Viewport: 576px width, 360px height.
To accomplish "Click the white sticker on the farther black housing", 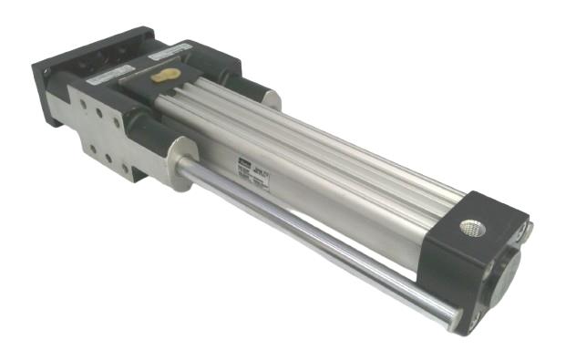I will pos(170,46).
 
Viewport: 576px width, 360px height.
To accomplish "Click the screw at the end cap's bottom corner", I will pos(474,318).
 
